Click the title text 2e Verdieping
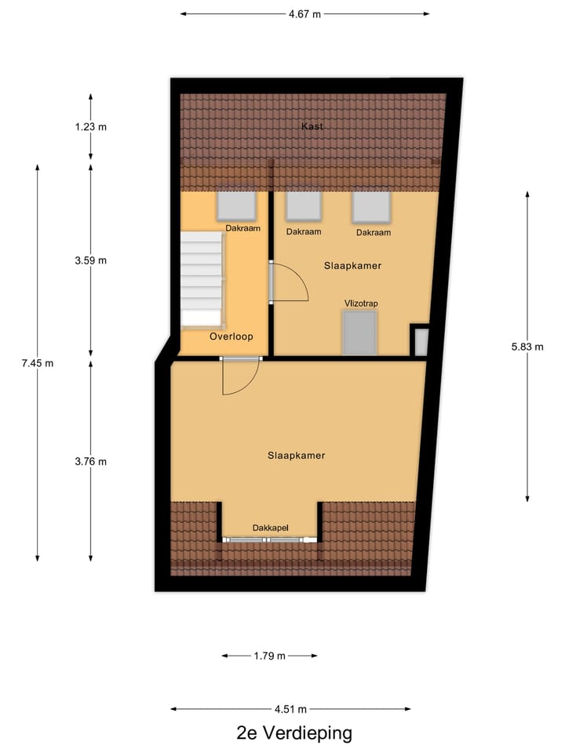[x=294, y=734]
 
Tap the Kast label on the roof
[x=312, y=126]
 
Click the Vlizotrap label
[x=360, y=303]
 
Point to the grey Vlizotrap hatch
[x=359, y=333]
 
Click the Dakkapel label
[x=271, y=529]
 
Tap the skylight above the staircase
[x=236, y=206]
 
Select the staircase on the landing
[x=202, y=278]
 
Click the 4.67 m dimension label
[x=305, y=14]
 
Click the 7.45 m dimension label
[x=38, y=363]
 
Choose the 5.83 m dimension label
[x=527, y=346]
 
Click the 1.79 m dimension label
[x=270, y=656]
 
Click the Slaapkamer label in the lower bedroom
[x=296, y=456]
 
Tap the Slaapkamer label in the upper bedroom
[x=352, y=266]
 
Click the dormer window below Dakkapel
[x=270, y=540]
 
